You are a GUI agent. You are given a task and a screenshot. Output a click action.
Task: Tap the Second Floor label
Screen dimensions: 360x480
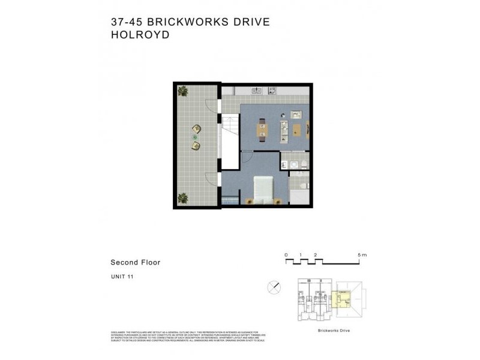coord(135,262)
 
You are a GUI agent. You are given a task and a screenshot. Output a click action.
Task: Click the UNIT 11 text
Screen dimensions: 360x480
coord(123,277)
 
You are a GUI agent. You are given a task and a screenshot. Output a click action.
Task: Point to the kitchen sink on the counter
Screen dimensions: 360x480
coord(256,91)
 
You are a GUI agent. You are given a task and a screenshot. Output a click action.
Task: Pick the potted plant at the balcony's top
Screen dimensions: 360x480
coord(182,91)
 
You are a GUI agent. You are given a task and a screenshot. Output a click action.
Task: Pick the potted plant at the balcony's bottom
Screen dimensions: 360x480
coord(182,197)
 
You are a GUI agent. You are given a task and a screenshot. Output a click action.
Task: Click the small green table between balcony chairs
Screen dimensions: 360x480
coord(194,137)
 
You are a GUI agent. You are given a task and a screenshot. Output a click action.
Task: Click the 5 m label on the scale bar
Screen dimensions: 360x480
coord(361,255)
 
